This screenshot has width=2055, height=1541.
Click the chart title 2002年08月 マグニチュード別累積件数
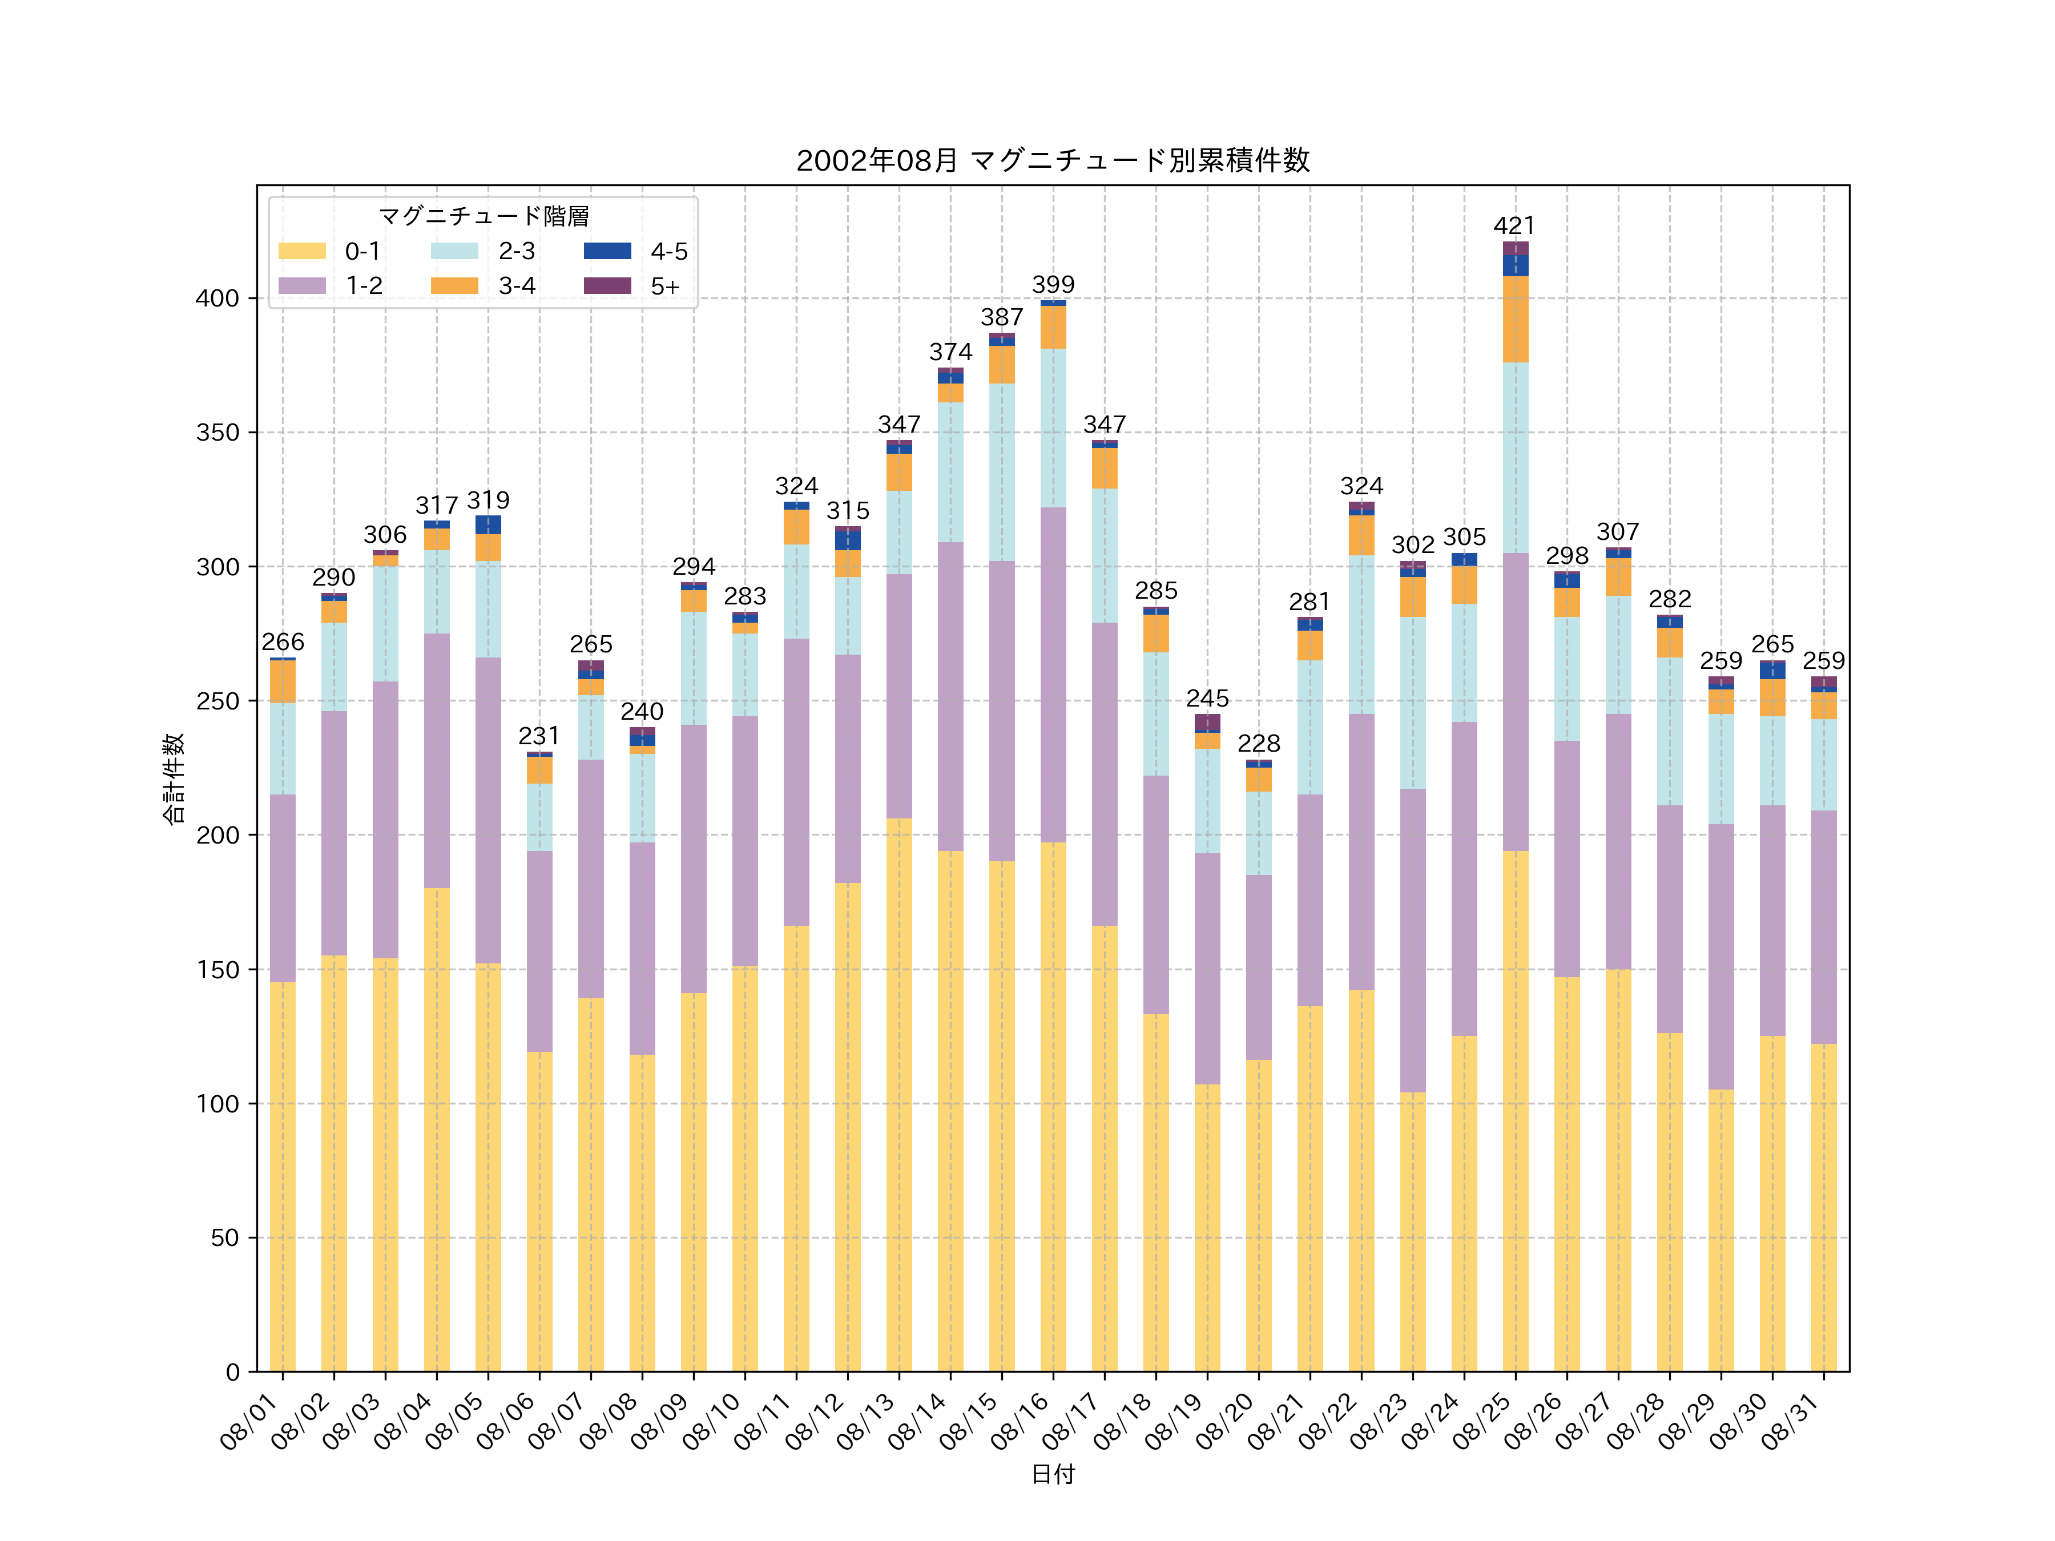1053,161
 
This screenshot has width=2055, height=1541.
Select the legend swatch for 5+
607,285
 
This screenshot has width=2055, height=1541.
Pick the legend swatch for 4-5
607,251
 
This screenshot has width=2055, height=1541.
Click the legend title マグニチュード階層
483,216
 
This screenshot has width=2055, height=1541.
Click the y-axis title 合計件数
174,778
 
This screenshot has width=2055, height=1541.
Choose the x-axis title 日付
1053,1474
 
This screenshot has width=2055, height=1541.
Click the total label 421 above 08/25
1514,225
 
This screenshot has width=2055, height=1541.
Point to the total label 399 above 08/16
1053,284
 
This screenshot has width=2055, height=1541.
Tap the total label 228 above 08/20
1259,743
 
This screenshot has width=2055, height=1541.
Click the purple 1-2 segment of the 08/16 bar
1053,675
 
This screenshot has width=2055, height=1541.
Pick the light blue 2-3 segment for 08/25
1514,457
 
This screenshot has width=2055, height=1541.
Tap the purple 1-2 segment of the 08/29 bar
1720,957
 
